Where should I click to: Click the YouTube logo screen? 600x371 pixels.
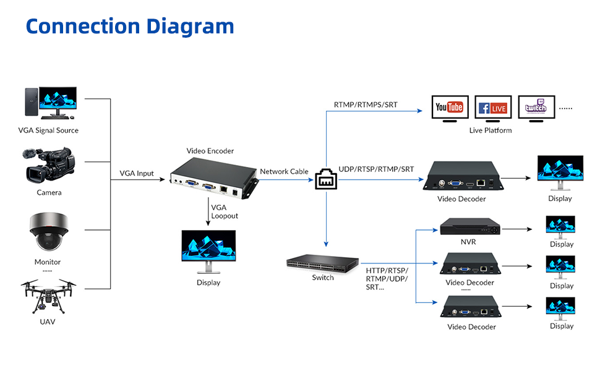[x=449, y=108]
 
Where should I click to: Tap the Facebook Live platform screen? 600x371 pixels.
[x=493, y=108]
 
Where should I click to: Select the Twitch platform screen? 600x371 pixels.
[x=536, y=108]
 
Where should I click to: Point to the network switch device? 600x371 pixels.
[x=323, y=263]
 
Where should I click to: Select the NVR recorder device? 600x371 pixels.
[x=468, y=227]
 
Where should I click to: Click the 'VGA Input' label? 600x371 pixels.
[x=137, y=173]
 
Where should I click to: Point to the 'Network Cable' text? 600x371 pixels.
[x=284, y=171]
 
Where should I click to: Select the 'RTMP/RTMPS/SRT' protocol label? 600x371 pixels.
[x=366, y=104]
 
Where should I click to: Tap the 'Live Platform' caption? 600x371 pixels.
[x=491, y=130]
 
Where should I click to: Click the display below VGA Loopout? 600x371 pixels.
[x=208, y=251]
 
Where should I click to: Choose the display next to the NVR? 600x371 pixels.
[x=560, y=227]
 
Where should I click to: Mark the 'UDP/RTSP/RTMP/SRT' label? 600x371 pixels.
[x=376, y=169]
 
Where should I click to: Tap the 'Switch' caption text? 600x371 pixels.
[x=323, y=278]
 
